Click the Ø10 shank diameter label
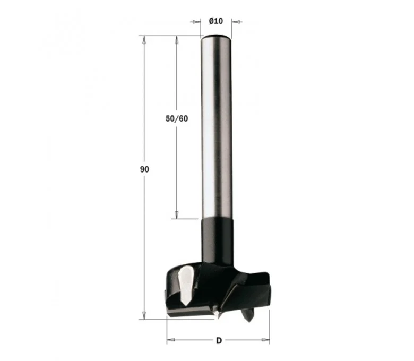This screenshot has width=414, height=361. [216, 21]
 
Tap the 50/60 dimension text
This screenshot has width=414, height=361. [177, 118]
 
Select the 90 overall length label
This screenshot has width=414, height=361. [144, 169]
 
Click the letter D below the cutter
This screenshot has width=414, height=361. [219, 341]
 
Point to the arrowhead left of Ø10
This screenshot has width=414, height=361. [196, 22]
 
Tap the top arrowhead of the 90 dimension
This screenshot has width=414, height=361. [144, 40]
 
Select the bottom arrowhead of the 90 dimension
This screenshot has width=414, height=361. [144, 315]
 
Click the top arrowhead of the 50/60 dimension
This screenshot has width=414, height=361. [177, 40]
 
